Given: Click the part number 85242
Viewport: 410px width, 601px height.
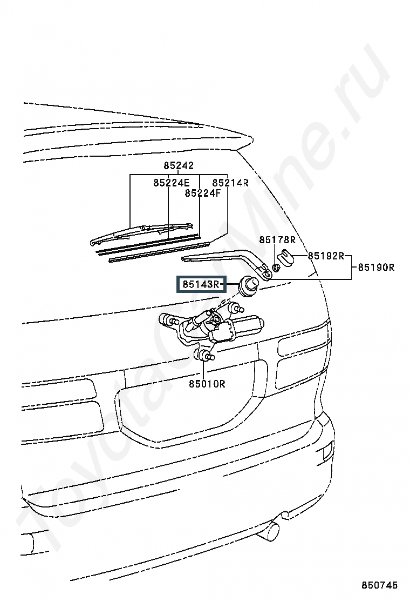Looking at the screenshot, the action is click(179, 165).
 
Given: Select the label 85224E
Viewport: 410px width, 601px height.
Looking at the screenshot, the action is click(172, 183).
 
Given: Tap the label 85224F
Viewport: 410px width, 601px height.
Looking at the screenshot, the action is click(203, 193).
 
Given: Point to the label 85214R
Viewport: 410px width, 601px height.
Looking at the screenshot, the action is click(230, 183).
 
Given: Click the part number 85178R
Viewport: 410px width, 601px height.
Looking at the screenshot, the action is click(277, 240).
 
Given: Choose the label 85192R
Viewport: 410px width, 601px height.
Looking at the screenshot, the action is click(326, 256).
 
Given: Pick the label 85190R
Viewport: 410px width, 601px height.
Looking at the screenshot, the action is click(376, 267).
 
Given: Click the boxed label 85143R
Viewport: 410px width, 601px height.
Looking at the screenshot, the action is click(201, 284).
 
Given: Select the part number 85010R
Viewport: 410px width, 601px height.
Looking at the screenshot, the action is click(207, 384).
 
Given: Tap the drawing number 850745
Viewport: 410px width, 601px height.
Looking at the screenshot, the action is click(380, 585).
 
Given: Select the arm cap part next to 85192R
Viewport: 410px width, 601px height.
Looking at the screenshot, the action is click(286, 256).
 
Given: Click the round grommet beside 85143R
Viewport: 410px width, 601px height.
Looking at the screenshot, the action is click(249, 286).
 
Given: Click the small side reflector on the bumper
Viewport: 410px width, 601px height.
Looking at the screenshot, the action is click(327, 451).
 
